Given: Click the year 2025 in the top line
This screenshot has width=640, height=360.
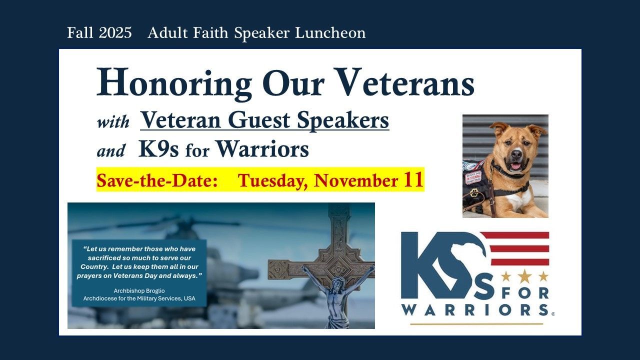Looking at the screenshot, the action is point(115,32).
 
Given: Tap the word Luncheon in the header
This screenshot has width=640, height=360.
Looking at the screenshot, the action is point(330,32).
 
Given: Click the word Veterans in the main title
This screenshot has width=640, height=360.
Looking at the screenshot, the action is point(402,82).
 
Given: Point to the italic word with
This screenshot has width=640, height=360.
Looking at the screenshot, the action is point(113,122).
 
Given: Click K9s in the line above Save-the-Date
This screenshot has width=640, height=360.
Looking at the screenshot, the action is point(158,149).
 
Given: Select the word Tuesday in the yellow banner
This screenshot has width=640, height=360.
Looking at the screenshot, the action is point(273,181).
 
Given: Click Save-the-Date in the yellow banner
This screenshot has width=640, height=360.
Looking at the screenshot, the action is point(157,180).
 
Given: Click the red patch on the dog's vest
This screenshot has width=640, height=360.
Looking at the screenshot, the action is point(473,177).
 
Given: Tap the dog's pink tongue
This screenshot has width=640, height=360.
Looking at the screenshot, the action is point(515,166).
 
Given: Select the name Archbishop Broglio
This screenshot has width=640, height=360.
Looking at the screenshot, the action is point(139,291).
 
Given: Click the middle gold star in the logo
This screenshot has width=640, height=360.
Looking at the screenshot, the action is point(524,276).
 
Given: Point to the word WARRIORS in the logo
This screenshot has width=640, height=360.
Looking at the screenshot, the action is point(475,309).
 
